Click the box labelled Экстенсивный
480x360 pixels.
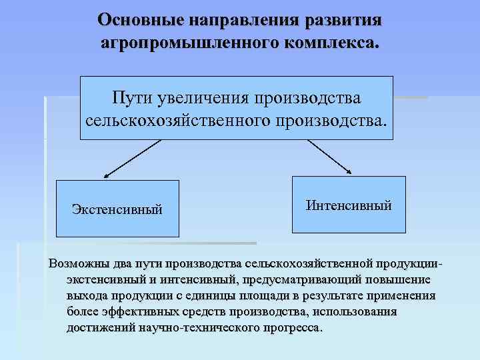pyautogui.click(x=117, y=209)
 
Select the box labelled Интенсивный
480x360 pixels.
pyautogui.click(x=349, y=205)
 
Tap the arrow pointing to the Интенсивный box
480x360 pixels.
pyautogui.click(x=330, y=157)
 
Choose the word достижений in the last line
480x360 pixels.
pyautogui.click(x=101, y=329)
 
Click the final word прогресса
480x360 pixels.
pyautogui.click(x=293, y=329)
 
